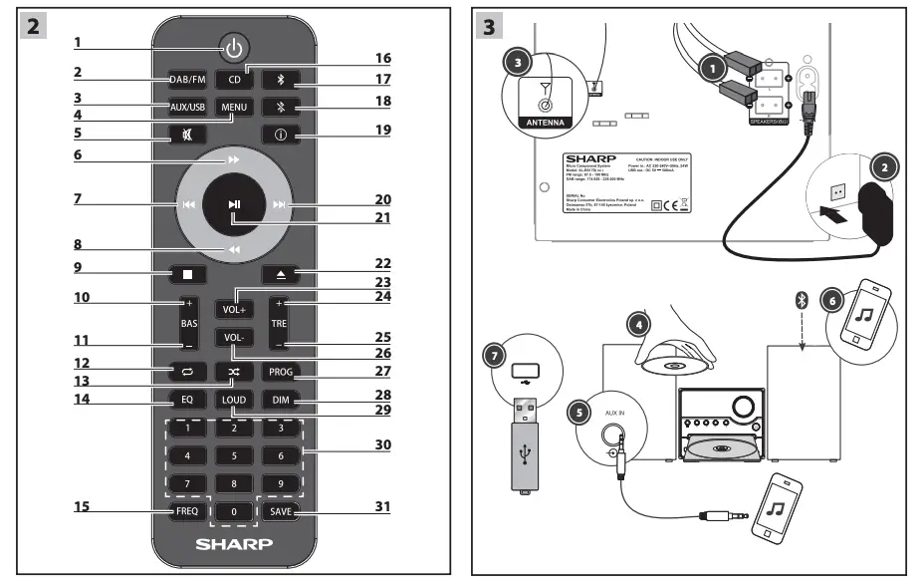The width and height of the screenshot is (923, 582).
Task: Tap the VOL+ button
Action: [x=234, y=309]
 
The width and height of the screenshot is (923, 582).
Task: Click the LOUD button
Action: [x=234, y=401]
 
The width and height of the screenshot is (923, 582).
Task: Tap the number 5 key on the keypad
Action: [x=234, y=456]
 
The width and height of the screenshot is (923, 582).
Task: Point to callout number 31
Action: [x=382, y=505]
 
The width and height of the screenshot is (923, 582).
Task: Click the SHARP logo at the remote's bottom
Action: [x=234, y=546]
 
